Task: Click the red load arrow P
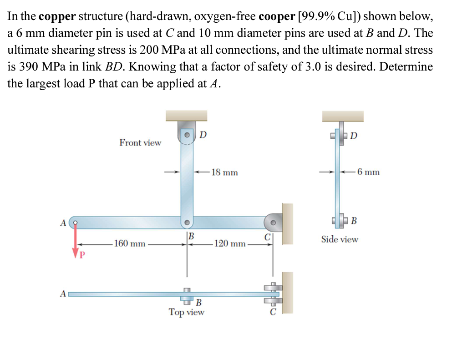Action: (76, 241)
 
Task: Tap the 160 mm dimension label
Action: (130, 243)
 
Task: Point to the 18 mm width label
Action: (224, 172)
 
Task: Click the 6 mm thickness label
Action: (368, 172)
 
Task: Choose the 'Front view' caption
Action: (140, 143)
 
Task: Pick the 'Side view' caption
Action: (340, 239)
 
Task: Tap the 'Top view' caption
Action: (187, 312)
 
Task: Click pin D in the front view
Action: (187, 135)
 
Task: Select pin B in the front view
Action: (187, 223)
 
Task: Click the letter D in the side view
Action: (354, 135)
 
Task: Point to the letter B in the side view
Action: (354, 222)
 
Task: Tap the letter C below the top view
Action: (273, 313)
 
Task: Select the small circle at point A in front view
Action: (76, 223)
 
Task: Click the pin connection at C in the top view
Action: (273, 294)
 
